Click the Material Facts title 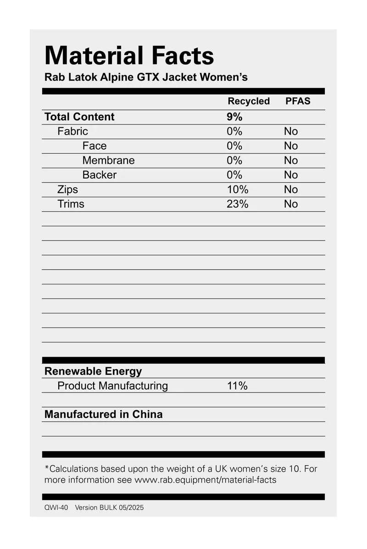[129, 56]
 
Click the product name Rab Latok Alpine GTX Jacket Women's [146, 77]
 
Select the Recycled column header [249, 101]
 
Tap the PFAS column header [298, 101]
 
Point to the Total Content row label [79, 117]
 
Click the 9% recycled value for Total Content [234, 117]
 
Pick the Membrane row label [108, 160]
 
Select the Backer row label [99, 175]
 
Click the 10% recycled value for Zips [237, 190]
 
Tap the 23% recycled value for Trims [237, 204]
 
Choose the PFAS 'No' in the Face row [291, 146]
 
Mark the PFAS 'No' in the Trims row [291, 204]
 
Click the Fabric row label [72, 131]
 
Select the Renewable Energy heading [93, 371]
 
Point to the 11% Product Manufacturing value [237, 386]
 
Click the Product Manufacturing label [112, 386]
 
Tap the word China [147, 414]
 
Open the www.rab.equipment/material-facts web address [205, 480]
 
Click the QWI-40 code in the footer [56, 508]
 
